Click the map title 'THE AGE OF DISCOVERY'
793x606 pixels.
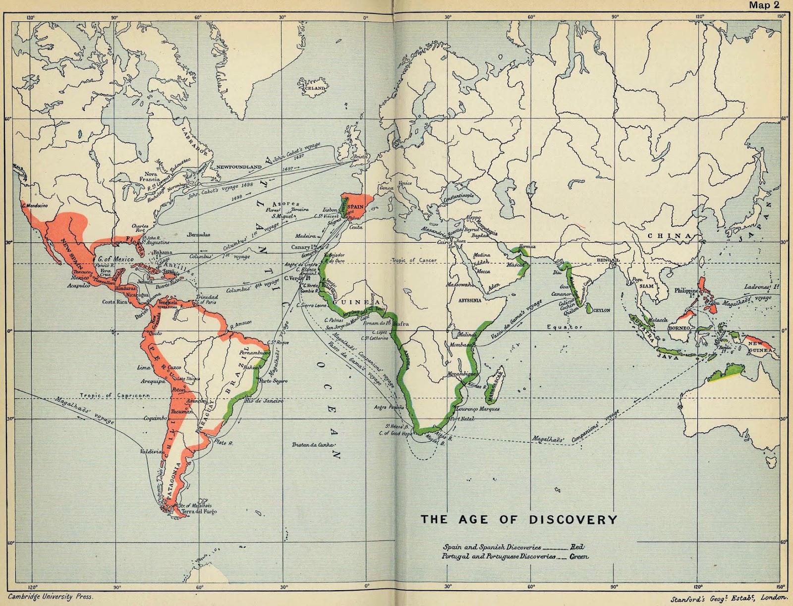tap(519, 519)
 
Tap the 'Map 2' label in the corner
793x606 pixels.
tap(764, 5)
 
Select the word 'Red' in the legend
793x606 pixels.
tap(576, 547)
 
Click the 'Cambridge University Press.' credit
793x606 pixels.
tap(50, 597)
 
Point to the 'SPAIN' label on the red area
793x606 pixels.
tap(355, 207)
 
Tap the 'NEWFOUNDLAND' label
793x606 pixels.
tap(238, 167)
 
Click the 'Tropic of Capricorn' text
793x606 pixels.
tap(115, 395)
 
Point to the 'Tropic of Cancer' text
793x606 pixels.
tap(413, 260)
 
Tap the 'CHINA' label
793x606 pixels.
tap(669, 236)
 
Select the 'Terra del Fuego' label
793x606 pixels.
tap(199, 511)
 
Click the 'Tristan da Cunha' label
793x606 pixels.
tap(310, 444)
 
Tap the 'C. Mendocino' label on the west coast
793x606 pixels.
tap(35, 205)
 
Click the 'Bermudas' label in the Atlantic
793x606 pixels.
tap(198, 234)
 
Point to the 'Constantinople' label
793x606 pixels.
tap(458, 196)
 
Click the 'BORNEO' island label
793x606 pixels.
tap(679, 328)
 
